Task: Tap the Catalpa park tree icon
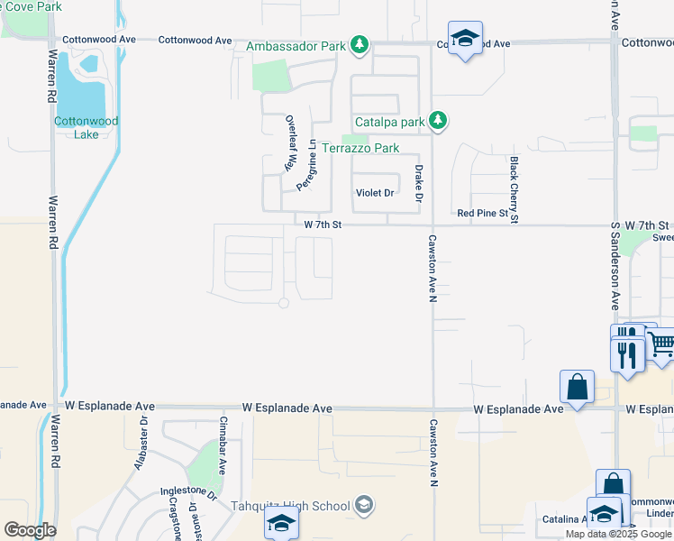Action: click(x=438, y=120)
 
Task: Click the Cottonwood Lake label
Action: click(x=87, y=127)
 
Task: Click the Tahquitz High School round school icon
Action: click(x=363, y=504)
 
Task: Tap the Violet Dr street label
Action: click(x=375, y=193)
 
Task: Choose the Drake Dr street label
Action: click(x=418, y=183)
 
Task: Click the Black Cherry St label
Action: click(x=514, y=189)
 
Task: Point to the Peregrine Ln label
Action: click(x=308, y=163)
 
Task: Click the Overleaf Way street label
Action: click(x=291, y=142)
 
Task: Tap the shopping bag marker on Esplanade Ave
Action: click(x=577, y=387)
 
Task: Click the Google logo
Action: click(x=30, y=529)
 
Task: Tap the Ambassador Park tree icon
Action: click(x=360, y=43)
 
